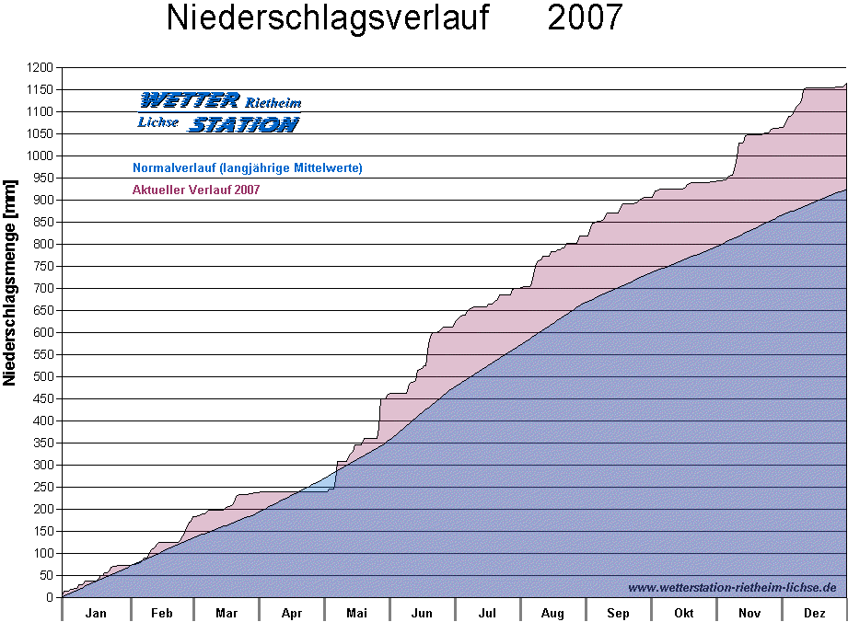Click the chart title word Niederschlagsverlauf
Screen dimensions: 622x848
[x=327, y=18]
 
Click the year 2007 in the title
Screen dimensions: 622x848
[x=585, y=18]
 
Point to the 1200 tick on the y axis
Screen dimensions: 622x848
[x=39, y=68]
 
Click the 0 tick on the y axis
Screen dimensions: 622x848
[x=51, y=598]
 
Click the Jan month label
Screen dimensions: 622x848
[x=95, y=614]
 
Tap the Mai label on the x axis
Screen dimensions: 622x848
[x=356, y=614]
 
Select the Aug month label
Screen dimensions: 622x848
[x=552, y=614]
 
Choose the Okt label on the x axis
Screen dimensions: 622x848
[x=683, y=614]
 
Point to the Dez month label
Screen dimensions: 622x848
[x=814, y=614]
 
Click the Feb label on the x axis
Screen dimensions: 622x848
[x=161, y=614]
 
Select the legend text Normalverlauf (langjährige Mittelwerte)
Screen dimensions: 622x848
[x=247, y=168]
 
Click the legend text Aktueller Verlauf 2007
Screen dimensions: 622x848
[x=196, y=190]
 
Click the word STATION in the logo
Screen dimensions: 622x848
[x=243, y=124]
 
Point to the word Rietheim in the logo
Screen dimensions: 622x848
[x=273, y=103]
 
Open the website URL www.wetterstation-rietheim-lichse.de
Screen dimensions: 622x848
[x=732, y=587]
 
